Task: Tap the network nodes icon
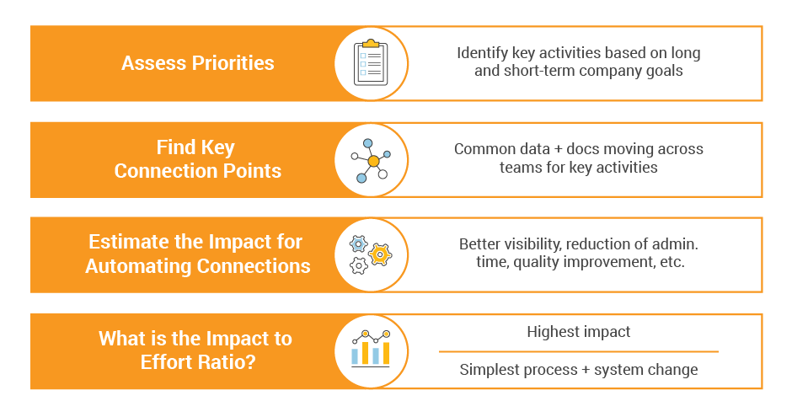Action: click(x=371, y=161)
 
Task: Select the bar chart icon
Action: click(x=371, y=349)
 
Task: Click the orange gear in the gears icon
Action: click(x=380, y=254)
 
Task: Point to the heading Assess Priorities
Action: click(x=197, y=63)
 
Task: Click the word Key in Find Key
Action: click(x=217, y=148)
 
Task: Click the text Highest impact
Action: click(x=578, y=332)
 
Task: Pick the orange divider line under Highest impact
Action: click(x=578, y=351)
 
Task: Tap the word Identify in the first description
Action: click(x=483, y=53)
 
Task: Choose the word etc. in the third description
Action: click(x=672, y=262)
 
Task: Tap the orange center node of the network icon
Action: click(x=373, y=161)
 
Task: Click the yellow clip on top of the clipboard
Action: click(x=371, y=44)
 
